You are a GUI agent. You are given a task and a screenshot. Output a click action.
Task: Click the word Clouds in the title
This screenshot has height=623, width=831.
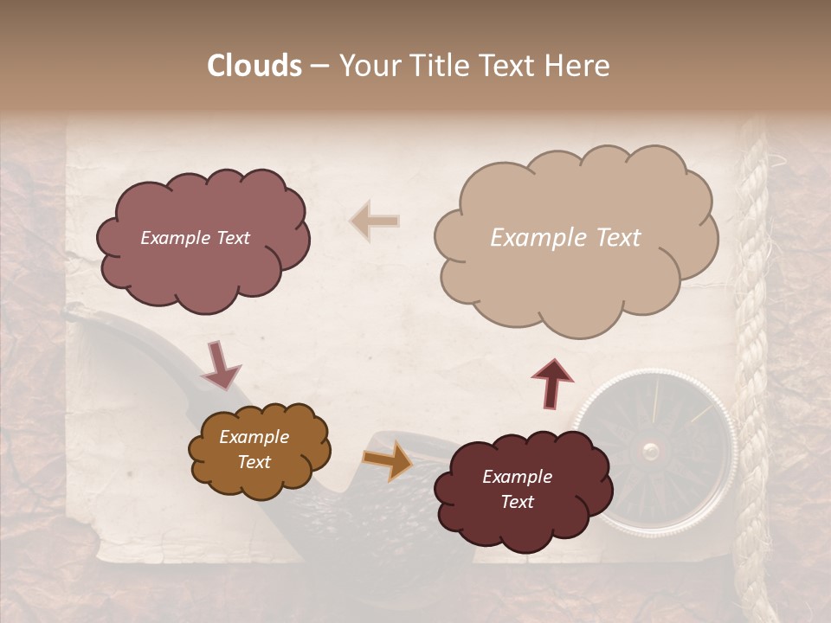(x=255, y=66)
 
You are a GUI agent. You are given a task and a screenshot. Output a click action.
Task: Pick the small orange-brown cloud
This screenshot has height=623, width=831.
(x=260, y=480)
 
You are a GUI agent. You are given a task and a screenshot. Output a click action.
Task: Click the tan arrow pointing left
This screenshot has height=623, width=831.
(x=375, y=221)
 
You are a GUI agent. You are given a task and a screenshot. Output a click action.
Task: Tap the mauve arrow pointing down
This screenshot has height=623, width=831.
(x=222, y=366)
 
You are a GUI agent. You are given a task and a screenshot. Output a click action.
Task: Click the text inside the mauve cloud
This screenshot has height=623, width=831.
(x=195, y=238)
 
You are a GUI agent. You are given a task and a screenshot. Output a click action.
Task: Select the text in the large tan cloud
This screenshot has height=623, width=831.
(x=565, y=238)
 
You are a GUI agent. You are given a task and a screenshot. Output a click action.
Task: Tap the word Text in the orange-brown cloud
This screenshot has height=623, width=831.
(x=254, y=462)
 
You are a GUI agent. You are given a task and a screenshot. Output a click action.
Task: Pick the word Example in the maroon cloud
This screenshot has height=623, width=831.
(x=517, y=477)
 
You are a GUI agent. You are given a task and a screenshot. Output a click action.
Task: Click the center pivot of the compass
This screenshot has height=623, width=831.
(x=651, y=450)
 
